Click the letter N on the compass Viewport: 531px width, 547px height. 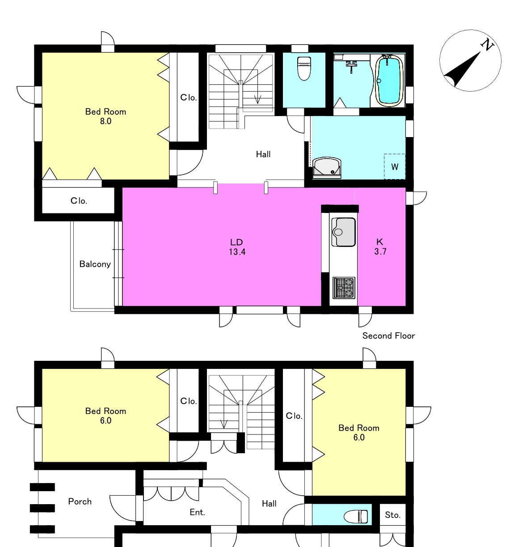pyautogui.click(x=487, y=45)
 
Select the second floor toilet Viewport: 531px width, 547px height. pyautogui.click(x=304, y=68)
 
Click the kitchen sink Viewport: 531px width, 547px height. pyautogui.click(x=343, y=232)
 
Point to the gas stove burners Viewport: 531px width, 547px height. pyautogui.click(x=344, y=288)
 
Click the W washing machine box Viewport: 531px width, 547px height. pyautogui.click(x=395, y=167)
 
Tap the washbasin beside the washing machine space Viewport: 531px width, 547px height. pyautogui.click(x=326, y=168)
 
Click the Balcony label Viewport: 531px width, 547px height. pyautogui.click(x=95, y=264)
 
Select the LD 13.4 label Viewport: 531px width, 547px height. pyautogui.click(x=237, y=247)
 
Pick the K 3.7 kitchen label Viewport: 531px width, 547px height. pyautogui.click(x=380, y=246)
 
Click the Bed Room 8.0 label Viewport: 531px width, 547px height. pyautogui.click(x=105, y=116)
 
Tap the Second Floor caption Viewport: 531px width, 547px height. pyautogui.click(x=388, y=336)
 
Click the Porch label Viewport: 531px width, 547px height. pyautogui.click(x=80, y=501)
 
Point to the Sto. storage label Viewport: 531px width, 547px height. pyautogui.click(x=392, y=515)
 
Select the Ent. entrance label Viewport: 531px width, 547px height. pyautogui.click(x=197, y=512)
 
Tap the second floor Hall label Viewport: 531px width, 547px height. pyautogui.click(x=263, y=154)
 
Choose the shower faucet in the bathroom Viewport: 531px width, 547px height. pyautogui.click(x=351, y=65)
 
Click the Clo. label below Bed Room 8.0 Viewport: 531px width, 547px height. pyautogui.click(x=79, y=200)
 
